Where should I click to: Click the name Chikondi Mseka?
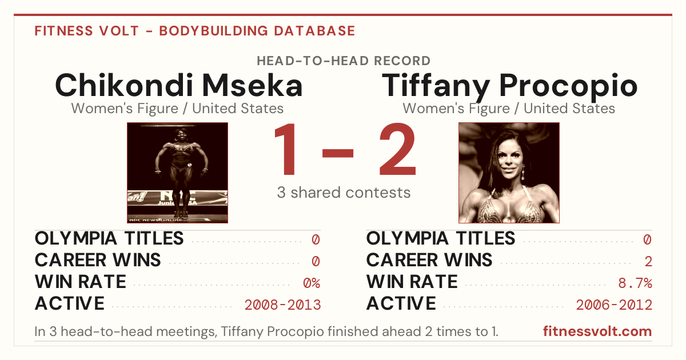[x=179, y=85]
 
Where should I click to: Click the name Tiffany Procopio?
[x=509, y=87]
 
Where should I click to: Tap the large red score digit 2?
[x=398, y=149]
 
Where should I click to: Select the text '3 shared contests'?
[x=344, y=193]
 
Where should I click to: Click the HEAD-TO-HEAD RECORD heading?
[x=344, y=61]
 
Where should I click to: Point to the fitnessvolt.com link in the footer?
[x=597, y=331]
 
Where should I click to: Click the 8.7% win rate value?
[x=635, y=283]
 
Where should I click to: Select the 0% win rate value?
[x=312, y=283]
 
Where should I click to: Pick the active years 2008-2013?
[x=282, y=305]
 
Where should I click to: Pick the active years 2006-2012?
[x=614, y=305]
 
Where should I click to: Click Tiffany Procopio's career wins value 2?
[x=648, y=262]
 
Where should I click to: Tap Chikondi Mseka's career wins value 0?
[x=316, y=262]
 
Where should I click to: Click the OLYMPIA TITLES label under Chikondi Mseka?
[x=109, y=238]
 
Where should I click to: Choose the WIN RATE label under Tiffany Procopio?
[x=412, y=282]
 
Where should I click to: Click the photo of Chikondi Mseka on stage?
[x=178, y=173]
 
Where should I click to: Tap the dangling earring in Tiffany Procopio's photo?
[x=523, y=172]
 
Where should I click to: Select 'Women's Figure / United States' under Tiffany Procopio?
[x=509, y=109]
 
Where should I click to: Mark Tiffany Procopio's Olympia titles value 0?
[x=647, y=239]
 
